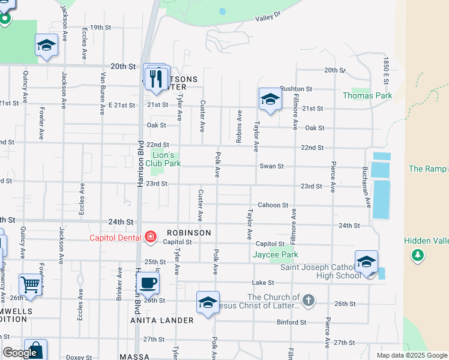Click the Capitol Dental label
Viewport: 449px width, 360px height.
pyautogui.click(x=115, y=237)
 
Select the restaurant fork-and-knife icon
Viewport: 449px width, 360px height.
pyautogui.click(x=157, y=78)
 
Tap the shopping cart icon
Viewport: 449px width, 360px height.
pyautogui.click(x=29, y=284)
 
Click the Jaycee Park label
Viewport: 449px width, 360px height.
pyautogui.click(x=271, y=255)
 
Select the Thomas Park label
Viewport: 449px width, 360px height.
pyautogui.click(x=367, y=95)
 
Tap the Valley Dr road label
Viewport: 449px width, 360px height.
pyautogui.click(x=268, y=17)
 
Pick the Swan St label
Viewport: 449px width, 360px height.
pyautogui.click(x=271, y=166)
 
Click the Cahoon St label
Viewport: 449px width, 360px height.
pyautogui.click(x=269, y=205)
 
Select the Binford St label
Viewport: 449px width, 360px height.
pyautogui.click(x=292, y=322)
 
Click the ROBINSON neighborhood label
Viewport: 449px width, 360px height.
pyautogui.click(x=189, y=233)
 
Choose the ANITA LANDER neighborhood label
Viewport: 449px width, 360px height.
pyautogui.click(x=162, y=320)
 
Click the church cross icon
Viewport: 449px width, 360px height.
pyautogui.click(x=308, y=300)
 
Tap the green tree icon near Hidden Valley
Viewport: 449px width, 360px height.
pyautogui.click(x=417, y=256)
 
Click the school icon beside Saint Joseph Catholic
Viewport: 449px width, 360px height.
pyautogui.click(x=366, y=261)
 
